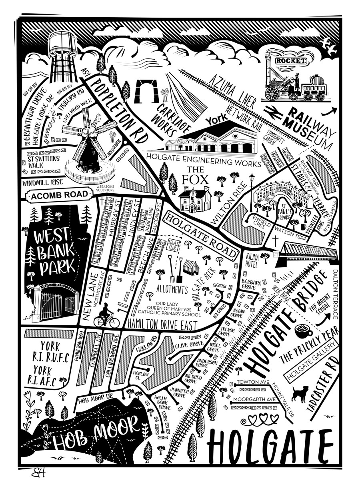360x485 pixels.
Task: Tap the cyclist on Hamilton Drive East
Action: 106,317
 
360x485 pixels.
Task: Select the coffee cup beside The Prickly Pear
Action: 301,332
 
